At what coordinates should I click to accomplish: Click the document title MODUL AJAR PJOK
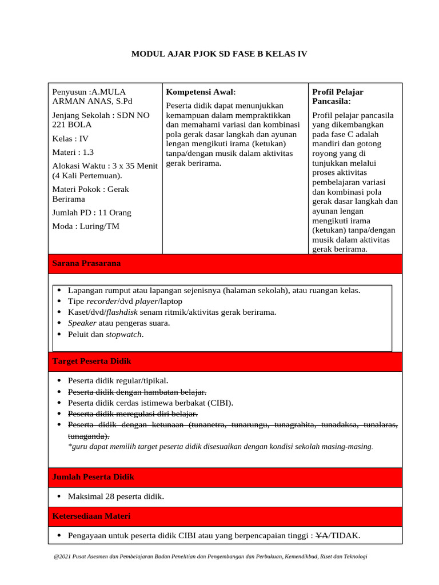pyautogui.click(x=219, y=54)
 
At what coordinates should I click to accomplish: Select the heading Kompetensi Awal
pyautogui.click(x=201, y=92)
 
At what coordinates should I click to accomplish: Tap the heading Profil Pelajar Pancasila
pyautogui.click(x=337, y=97)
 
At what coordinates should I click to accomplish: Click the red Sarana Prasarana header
pyautogui.click(x=86, y=263)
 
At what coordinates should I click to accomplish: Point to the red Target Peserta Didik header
pyautogui.click(x=91, y=362)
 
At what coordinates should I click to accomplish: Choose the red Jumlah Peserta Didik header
pyautogui.click(x=93, y=477)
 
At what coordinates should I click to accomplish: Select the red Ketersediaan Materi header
pyautogui.click(x=91, y=516)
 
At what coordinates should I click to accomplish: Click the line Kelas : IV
pyautogui.click(x=70, y=138)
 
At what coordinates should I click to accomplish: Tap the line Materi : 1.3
pyautogui.click(x=73, y=152)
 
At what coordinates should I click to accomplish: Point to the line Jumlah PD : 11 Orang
pyautogui.click(x=91, y=213)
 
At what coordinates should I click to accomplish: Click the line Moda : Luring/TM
pyautogui.click(x=86, y=226)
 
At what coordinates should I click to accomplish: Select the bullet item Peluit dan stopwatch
pyautogui.click(x=106, y=334)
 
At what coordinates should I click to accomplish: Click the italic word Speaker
pyautogui.click(x=82, y=323)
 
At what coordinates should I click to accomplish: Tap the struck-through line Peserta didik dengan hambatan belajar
pyautogui.click(x=137, y=391)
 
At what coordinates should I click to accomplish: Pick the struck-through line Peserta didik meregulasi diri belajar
pyautogui.click(x=133, y=414)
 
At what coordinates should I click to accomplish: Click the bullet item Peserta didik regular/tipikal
pyautogui.click(x=118, y=380)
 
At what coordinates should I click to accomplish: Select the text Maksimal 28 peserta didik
pyautogui.click(x=115, y=496)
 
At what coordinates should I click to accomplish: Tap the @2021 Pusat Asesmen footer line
pyautogui.click(x=210, y=556)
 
